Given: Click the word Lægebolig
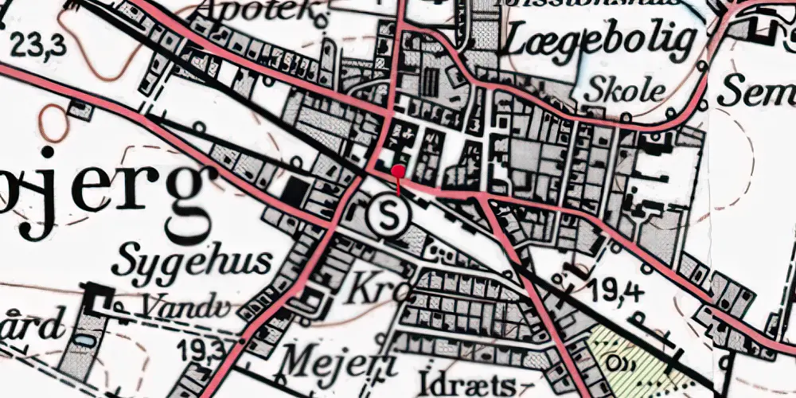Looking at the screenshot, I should coord(599,40).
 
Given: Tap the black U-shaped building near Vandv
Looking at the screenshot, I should coord(99,298).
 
